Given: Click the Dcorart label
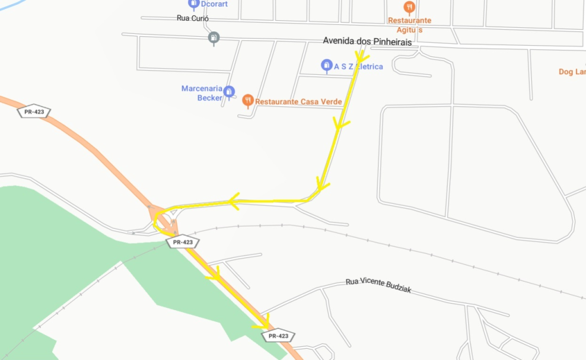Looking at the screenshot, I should (x=214, y=4).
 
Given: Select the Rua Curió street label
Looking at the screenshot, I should (x=192, y=18).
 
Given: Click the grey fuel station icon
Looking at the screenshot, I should (x=214, y=38).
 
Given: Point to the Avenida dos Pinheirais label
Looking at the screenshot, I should (x=367, y=42).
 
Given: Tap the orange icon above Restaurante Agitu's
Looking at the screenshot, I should (x=409, y=7).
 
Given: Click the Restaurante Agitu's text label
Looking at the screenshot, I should (x=409, y=24).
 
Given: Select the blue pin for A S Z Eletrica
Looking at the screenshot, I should (x=326, y=65).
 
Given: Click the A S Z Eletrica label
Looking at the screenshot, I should (x=358, y=66).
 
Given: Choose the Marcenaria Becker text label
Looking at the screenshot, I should (x=202, y=93).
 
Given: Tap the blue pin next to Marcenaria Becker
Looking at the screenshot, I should (x=229, y=91).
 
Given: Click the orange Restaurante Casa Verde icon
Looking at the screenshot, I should (x=248, y=101).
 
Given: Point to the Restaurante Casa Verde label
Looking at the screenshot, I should (x=298, y=102).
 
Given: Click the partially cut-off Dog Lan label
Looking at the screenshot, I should (x=572, y=72).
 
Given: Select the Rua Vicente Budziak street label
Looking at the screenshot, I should (x=378, y=286).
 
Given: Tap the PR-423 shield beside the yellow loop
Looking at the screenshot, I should (x=183, y=242).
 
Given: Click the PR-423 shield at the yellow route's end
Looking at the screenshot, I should (x=278, y=336).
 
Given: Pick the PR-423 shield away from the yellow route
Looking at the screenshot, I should (x=34, y=111).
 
